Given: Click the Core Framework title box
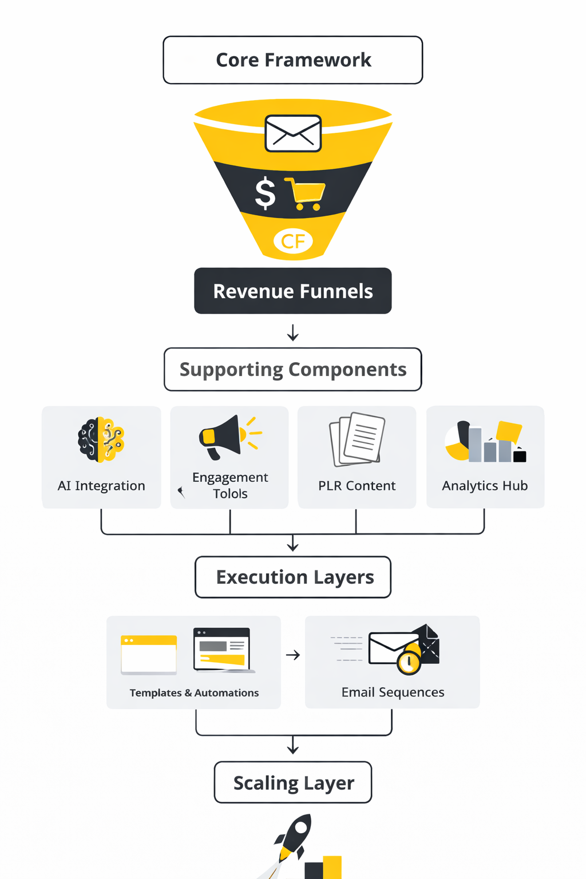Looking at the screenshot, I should pyautogui.click(x=293, y=60).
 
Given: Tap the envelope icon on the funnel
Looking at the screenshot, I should pyautogui.click(x=293, y=133).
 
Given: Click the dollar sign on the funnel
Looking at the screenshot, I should pyautogui.click(x=265, y=193).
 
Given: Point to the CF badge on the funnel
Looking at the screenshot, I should pyautogui.click(x=293, y=241).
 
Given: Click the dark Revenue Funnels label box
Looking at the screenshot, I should pyautogui.click(x=293, y=291).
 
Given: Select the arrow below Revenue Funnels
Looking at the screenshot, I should pyautogui.click(x=293, y=332).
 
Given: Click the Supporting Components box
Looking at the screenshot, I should pyautogui.click(x=293, y=370).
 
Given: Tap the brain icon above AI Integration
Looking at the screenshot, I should pyautogui.click(x=101, y=439).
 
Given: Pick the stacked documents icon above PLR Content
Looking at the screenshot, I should pyautogui.click(x=357, y=438).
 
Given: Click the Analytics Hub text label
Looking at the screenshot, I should pyautogui.click(x=485, y=486).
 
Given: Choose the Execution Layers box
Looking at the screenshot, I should pyautogui.click(x=293, y=577).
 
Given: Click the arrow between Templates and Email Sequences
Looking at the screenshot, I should pyautogui.click(x=293, y=655).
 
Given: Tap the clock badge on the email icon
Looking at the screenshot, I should pyautogui.click(x=409, y=662).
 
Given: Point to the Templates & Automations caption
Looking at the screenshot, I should pyautogui.click(x=194, y=693).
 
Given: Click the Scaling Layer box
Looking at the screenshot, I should pyautogui.click(x=293, y=782).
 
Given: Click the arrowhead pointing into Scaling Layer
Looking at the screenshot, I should pyautogui.click(x=293, y=749).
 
